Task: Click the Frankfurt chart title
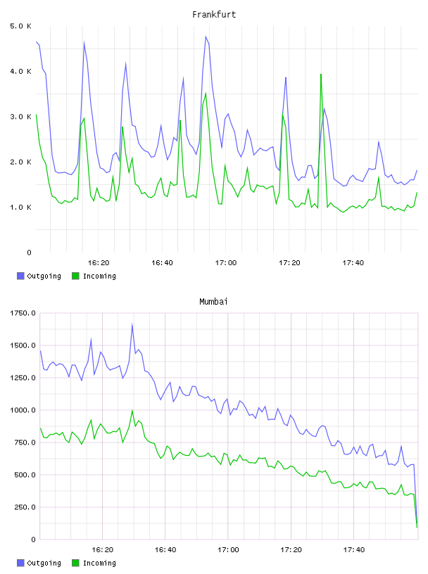coord(214,15)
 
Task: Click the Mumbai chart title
coord(213,302)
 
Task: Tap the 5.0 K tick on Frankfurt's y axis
coord(21,26)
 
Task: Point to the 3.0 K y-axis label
coord(21,117)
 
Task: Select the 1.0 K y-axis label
coord(21,208)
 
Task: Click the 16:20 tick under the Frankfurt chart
coord(99,263)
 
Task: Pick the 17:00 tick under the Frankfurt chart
coord(226,263)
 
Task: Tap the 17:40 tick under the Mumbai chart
coord(354,550)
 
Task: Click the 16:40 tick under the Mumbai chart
coord(165,550)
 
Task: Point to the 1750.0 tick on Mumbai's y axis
coord(23,313)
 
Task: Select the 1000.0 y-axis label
coord(23,410)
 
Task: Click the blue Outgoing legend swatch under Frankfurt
coord(20,276)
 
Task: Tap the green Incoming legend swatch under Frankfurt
coord(75,276)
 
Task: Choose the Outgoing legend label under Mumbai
coord(44,563)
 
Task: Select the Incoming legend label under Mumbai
coord(99,563)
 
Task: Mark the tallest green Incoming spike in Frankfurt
coord(321,75)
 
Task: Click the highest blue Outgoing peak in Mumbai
coord(132,324)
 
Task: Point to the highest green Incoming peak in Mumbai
coord(132,411)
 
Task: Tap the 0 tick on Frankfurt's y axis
coord(29,253)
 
